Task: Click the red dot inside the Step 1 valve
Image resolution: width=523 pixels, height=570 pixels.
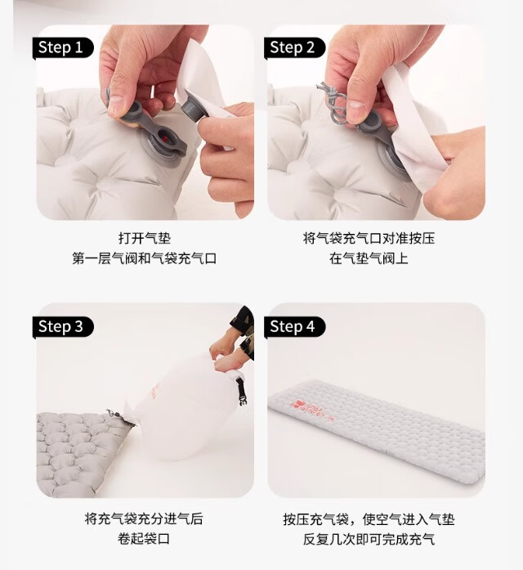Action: tap(164, 139)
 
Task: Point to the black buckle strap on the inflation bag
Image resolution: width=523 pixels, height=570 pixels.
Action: tap(240, 391)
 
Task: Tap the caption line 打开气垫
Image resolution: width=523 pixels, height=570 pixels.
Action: tap(144, 239)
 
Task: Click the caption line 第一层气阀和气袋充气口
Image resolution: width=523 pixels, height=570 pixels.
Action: tap(144, 258)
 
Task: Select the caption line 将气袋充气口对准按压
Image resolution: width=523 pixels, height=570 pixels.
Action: tap(369, 239)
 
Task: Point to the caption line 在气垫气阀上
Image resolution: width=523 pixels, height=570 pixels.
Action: tap(369, 258)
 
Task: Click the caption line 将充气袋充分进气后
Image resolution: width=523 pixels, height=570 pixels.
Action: tap(144, 518)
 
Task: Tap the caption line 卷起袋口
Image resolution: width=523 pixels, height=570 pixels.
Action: tap(144, 539)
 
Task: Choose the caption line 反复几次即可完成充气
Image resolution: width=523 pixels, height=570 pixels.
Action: tap(369, 539)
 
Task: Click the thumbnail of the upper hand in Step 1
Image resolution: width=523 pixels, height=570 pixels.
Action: tap(116, 105)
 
